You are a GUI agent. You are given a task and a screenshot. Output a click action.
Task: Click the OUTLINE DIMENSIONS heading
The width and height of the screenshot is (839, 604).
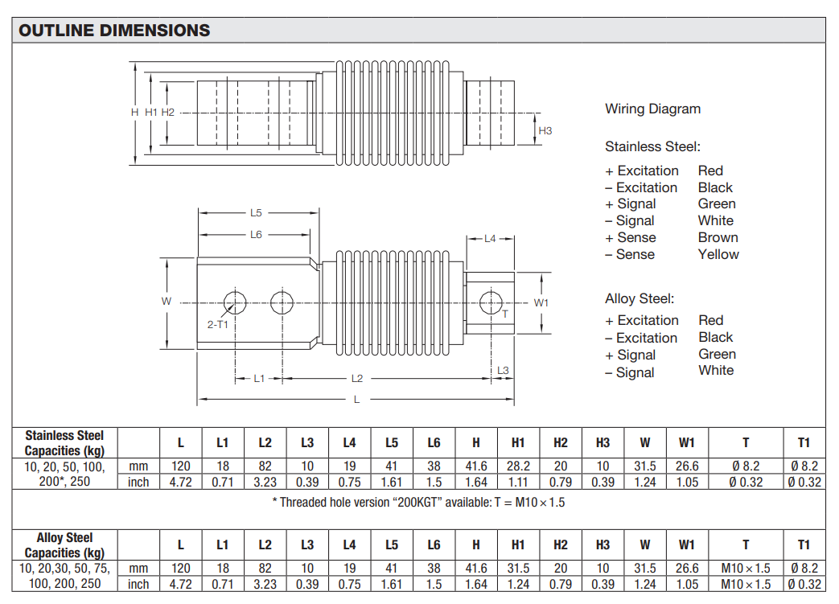114,31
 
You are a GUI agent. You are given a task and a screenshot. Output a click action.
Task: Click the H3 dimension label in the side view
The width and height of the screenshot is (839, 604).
545,130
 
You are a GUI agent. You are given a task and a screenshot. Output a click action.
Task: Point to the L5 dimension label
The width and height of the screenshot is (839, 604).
257,213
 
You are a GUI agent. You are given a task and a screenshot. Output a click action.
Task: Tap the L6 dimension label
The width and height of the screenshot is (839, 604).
257,235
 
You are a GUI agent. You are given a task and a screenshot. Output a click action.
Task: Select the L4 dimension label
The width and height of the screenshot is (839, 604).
490,239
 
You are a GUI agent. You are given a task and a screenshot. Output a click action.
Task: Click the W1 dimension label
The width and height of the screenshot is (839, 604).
541,302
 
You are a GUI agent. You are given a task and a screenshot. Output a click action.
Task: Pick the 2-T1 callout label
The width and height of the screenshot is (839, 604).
218,324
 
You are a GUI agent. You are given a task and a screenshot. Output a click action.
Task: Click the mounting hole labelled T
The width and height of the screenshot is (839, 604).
491,302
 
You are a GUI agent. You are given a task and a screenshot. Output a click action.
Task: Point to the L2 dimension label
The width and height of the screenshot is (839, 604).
357,379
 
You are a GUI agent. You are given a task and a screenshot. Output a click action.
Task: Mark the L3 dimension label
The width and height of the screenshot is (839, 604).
503,370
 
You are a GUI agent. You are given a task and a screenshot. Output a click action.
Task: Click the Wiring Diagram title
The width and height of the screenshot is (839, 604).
653,109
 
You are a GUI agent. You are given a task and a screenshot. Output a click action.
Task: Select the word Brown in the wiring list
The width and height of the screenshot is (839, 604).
718,237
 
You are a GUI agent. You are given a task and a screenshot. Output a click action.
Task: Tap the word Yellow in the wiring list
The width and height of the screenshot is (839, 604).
718,255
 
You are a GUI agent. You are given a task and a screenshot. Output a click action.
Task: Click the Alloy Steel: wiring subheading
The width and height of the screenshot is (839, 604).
640,298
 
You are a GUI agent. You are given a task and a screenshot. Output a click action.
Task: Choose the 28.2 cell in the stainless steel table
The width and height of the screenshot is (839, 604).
518,466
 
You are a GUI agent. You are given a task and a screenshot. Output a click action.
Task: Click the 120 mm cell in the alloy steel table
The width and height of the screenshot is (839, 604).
181,569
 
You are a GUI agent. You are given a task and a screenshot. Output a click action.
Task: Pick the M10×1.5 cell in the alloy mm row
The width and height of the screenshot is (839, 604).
746,569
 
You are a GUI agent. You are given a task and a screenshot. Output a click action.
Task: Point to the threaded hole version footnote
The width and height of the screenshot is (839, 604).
418,503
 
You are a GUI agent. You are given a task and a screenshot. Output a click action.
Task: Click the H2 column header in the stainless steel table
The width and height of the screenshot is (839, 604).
560,443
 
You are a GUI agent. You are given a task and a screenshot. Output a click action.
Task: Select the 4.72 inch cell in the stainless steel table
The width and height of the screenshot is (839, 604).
181,482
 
